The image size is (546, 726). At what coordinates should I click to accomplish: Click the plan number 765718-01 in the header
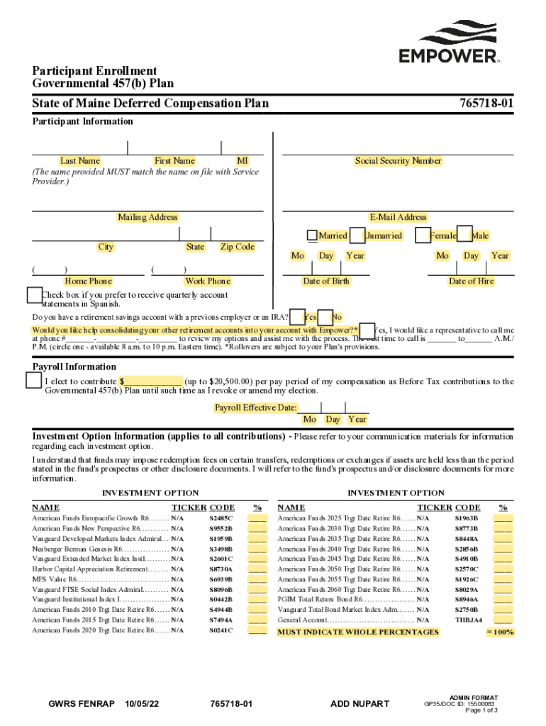[x=484, y=104]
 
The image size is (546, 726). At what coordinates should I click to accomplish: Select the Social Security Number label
[x=398, y=161]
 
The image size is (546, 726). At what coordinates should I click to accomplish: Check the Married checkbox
[x=312, y=235]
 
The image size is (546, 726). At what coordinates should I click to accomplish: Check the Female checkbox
[x=423, y=235]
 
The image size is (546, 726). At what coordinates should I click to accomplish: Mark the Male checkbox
[x=464, y=235]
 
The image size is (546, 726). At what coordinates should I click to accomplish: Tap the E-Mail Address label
[x=398, y=217]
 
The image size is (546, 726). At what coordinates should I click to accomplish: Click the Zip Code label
[x=237, y=247]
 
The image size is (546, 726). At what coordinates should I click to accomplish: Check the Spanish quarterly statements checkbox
[x=34, y=295]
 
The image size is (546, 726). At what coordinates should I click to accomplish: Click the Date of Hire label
[x=471, y=281]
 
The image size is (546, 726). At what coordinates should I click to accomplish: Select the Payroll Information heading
[x=74, y=367]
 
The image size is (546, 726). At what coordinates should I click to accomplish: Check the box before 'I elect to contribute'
[x=33, y=381]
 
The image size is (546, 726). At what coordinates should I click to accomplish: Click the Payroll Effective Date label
[x=256, y=407]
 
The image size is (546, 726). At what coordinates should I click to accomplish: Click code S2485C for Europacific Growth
[x=221, y=518]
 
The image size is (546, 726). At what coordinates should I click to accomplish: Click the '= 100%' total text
[x=500, y=631]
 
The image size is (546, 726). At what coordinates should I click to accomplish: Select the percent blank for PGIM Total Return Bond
[x=503, y=599]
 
